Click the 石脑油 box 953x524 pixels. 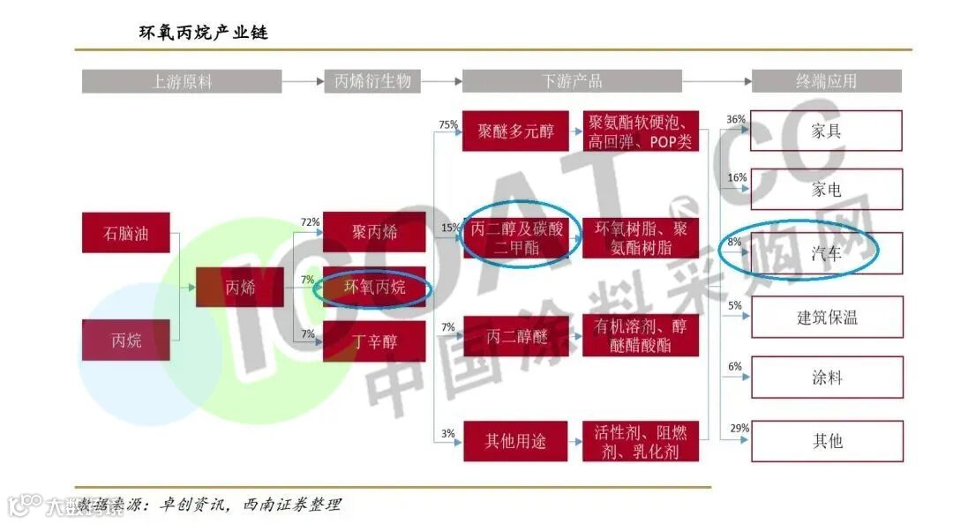(x=125, y=234)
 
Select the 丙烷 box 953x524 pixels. (x=125, y=341)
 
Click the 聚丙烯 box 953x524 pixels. (x=374, y=232)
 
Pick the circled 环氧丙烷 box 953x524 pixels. (x=374, y=288)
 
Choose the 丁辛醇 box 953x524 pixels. (x=374, y=341)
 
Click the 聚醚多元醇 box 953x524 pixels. (x=515, y=131)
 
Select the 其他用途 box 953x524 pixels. (x=515, y=441)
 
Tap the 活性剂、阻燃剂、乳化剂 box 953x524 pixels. (x=641, y=441)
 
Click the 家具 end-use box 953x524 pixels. (x=827, y=131)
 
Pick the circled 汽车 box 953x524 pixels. (x=827, y=253)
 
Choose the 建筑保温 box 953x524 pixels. (x=827, y=317)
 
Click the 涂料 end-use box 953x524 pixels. (x=827, y=378)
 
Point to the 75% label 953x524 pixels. (x=448, y=124)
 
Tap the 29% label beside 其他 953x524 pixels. (x=739, y=429)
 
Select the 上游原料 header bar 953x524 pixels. (x=182, y=81)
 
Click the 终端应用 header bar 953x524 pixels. (x=826, y=81)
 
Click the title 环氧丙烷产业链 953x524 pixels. (x=203, y=33)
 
